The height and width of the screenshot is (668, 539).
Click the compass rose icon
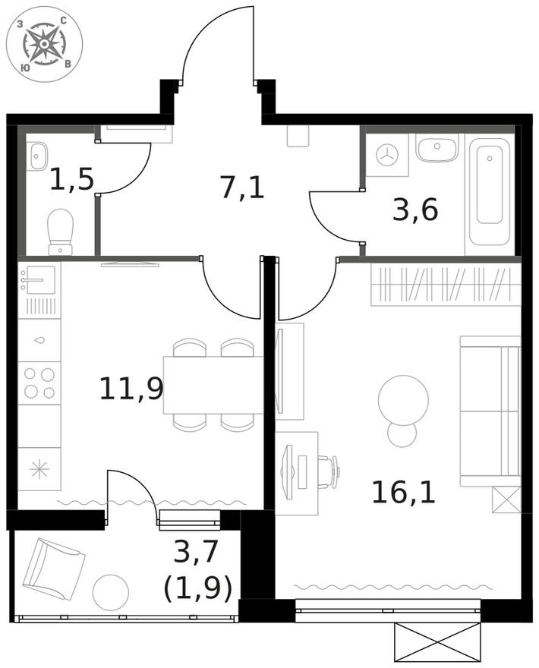(x=44, y=44)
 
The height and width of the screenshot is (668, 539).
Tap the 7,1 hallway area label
(x=242, y=186)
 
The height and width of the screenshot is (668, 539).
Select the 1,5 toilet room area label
(x=71, y=180)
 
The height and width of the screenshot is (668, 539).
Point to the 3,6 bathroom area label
(x=415, y=210)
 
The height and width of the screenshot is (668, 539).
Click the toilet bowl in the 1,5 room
(x=60, y=230)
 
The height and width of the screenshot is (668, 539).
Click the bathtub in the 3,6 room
(x=490, y=189)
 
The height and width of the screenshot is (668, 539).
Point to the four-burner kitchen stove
(x=39, y=383)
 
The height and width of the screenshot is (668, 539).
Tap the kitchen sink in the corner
(x=37, y=279)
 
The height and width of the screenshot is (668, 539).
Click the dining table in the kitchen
(x=213, y=385)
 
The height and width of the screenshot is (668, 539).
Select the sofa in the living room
(x=490, y=411)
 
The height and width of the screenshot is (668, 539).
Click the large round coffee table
(x=402, y=399)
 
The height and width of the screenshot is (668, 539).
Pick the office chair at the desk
(x=329, y=471)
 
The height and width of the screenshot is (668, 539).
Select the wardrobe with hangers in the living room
(x=445, y=285)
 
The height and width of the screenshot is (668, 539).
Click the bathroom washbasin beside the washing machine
(x=437, y=149)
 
